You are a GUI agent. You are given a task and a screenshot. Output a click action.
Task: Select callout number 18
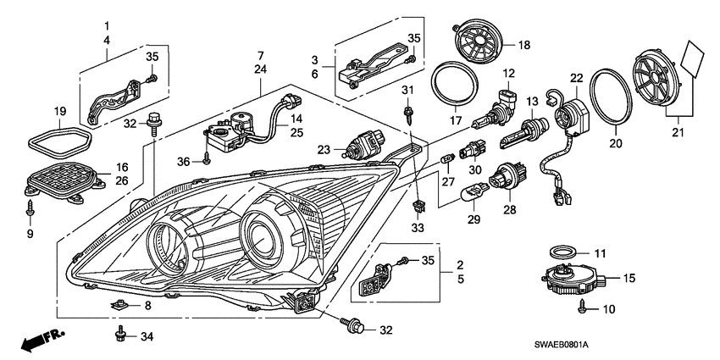(523, 44)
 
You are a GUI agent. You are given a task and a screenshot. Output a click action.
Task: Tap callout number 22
(577, 78)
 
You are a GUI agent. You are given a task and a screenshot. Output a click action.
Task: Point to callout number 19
(60, 110)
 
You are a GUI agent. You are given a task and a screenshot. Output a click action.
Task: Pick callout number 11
(600, 253)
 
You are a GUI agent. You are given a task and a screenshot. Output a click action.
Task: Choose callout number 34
(147, 337)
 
